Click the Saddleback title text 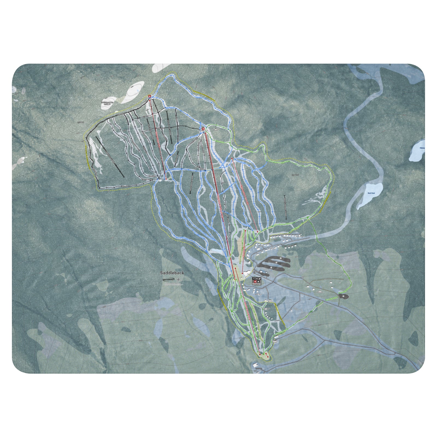coord(172,273)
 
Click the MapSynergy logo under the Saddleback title coord(169,279)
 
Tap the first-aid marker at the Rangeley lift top coord(203,128)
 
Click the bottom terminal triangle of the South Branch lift coord(260,354)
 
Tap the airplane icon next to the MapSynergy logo coord(178,279)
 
